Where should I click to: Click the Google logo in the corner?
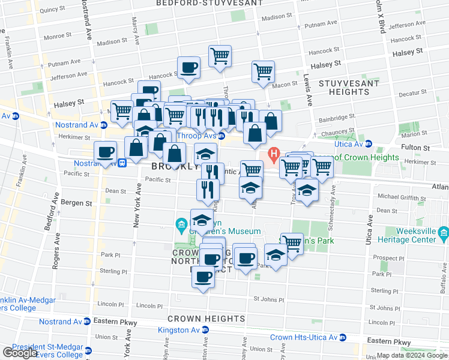tap(19, 353)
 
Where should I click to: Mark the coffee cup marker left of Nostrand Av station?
tap(106, 152)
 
